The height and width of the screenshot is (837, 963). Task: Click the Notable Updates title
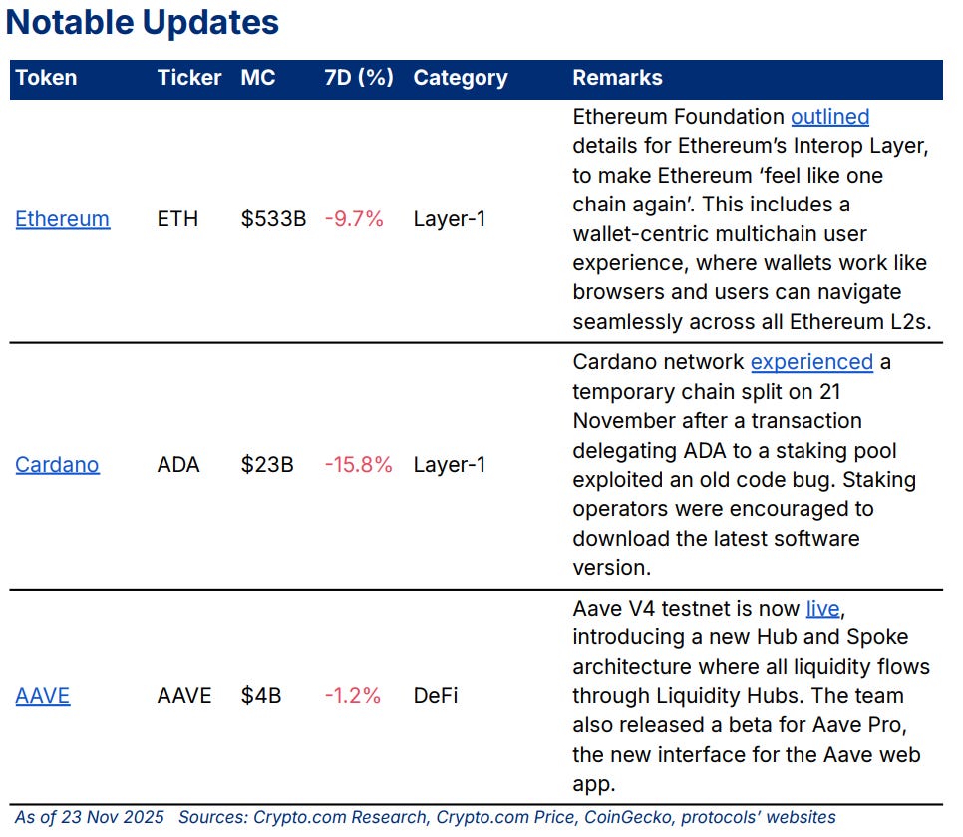(x=143, y=23)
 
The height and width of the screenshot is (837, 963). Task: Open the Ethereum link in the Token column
(x=62, y=219)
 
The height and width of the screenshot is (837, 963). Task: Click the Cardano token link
(x=57, y=465)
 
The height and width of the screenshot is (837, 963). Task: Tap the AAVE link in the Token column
(x=43, y=696)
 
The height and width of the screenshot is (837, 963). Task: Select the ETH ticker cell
(x=176, y=219)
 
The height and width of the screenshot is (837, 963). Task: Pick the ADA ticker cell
(x=178, y=465)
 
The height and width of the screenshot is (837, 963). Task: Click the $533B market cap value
(x=273, y=219)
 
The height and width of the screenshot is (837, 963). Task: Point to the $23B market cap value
(x=266, y=465)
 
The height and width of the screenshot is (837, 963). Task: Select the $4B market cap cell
(x=260, y=696)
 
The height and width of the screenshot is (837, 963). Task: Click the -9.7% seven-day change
(x=354, y=219)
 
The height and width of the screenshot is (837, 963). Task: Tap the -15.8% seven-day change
(x=358, y=465)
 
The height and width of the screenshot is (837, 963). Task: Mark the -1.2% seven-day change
(x=353, y=696)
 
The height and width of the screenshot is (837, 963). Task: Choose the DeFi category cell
(x=436, y=696)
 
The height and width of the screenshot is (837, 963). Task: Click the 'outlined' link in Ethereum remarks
(x=829, y=117)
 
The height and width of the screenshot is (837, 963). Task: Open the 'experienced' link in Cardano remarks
(x=811, y=362)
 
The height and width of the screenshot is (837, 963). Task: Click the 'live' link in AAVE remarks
(x=823, y=609)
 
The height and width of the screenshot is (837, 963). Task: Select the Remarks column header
(x=617, y=78)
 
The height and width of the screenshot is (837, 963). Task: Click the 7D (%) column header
(x=359, y=78)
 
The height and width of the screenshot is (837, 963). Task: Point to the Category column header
(x=460, y=78)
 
